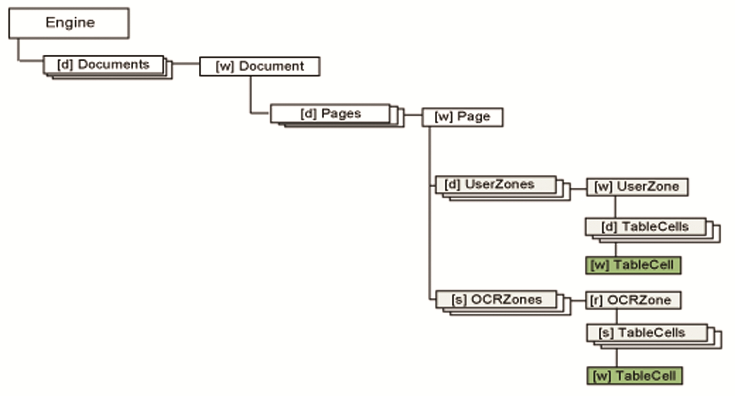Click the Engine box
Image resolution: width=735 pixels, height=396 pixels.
pos(69,23)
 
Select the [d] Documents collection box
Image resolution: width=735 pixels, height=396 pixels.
pos(103,64)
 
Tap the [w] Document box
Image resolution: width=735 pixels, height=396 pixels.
pos(259,67)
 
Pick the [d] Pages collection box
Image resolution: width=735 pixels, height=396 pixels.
pos(330,114)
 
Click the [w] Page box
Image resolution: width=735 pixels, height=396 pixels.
pos(462,117)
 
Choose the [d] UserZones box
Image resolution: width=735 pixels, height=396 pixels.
pos(496,185)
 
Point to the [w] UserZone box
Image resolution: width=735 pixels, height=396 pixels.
pos(637,187)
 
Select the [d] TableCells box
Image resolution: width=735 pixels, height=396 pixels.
pos(645,227)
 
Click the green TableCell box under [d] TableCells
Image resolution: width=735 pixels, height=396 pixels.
pos(633,265)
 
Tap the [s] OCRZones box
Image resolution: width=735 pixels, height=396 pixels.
pos(496,300)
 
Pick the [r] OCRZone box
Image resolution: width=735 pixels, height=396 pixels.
pos(633,300)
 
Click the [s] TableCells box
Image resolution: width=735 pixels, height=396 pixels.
pos(646,333)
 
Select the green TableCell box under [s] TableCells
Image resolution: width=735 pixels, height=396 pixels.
pos(634,376)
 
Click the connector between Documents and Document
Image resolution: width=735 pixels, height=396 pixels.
pos(186,63)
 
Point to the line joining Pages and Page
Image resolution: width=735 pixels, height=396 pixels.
pos(413,115)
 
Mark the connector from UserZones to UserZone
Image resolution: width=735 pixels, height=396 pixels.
pos(578,189)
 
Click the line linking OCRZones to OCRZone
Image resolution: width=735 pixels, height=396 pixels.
pos(578,300)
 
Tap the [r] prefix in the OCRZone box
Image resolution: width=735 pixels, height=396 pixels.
pos(596,300)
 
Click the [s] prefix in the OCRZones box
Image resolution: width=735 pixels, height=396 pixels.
pos(458,300)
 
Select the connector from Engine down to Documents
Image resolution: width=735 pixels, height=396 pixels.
pos(19,51)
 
